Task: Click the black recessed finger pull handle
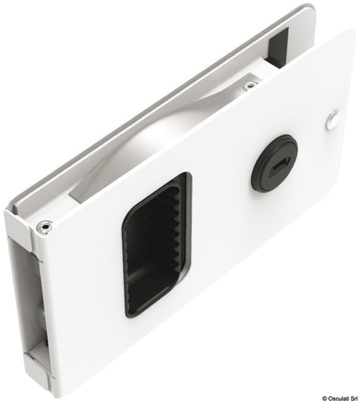coord(157,245)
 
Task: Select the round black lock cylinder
coord(275,163)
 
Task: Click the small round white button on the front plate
coord(333,120)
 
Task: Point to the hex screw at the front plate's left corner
coord(44,227)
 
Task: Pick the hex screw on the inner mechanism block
coord(250,85)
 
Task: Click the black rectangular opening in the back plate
coord(278,48)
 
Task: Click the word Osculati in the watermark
coord(337,399)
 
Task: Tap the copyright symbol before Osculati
coord(325,399)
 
